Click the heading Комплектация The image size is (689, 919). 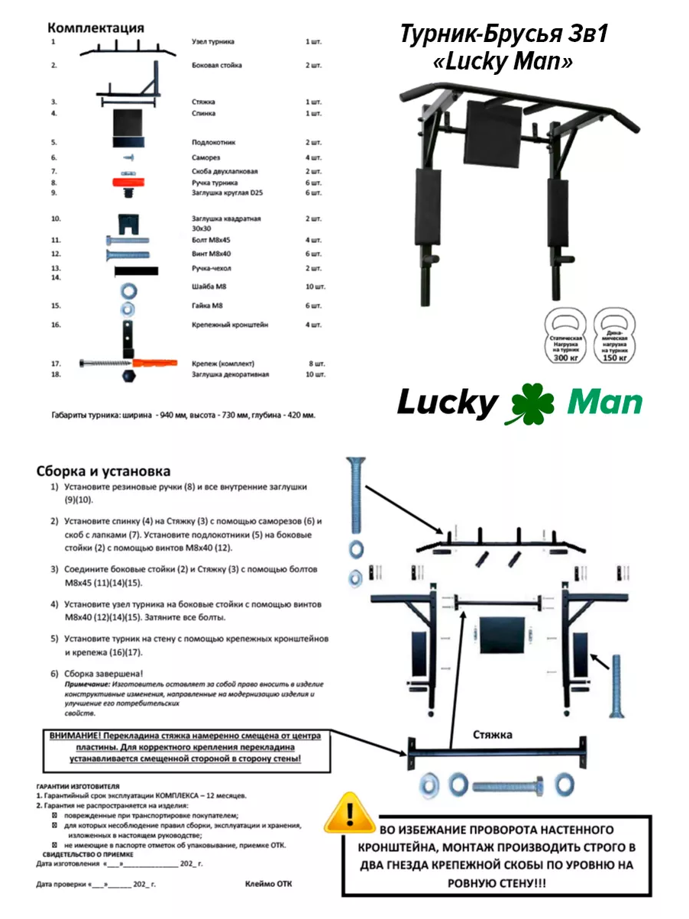pyautogui.click(x=95, y=28)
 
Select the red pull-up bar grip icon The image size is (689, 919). pyautogui.click(x=127, y=182)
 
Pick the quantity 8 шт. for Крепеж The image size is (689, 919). pyautogui.click(x=315, y=363)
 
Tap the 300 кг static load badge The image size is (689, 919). pyautogui.click(x=566, y=335)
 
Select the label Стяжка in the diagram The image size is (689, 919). pyautogui.click(x=491, y=735)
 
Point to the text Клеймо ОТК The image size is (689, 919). pyautogui.click(x=268, y=884)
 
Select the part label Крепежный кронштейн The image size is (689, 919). pyautogui.click(x=229, y=325)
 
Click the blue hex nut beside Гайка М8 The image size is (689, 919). pyautogui.click(x=128, y=308)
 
